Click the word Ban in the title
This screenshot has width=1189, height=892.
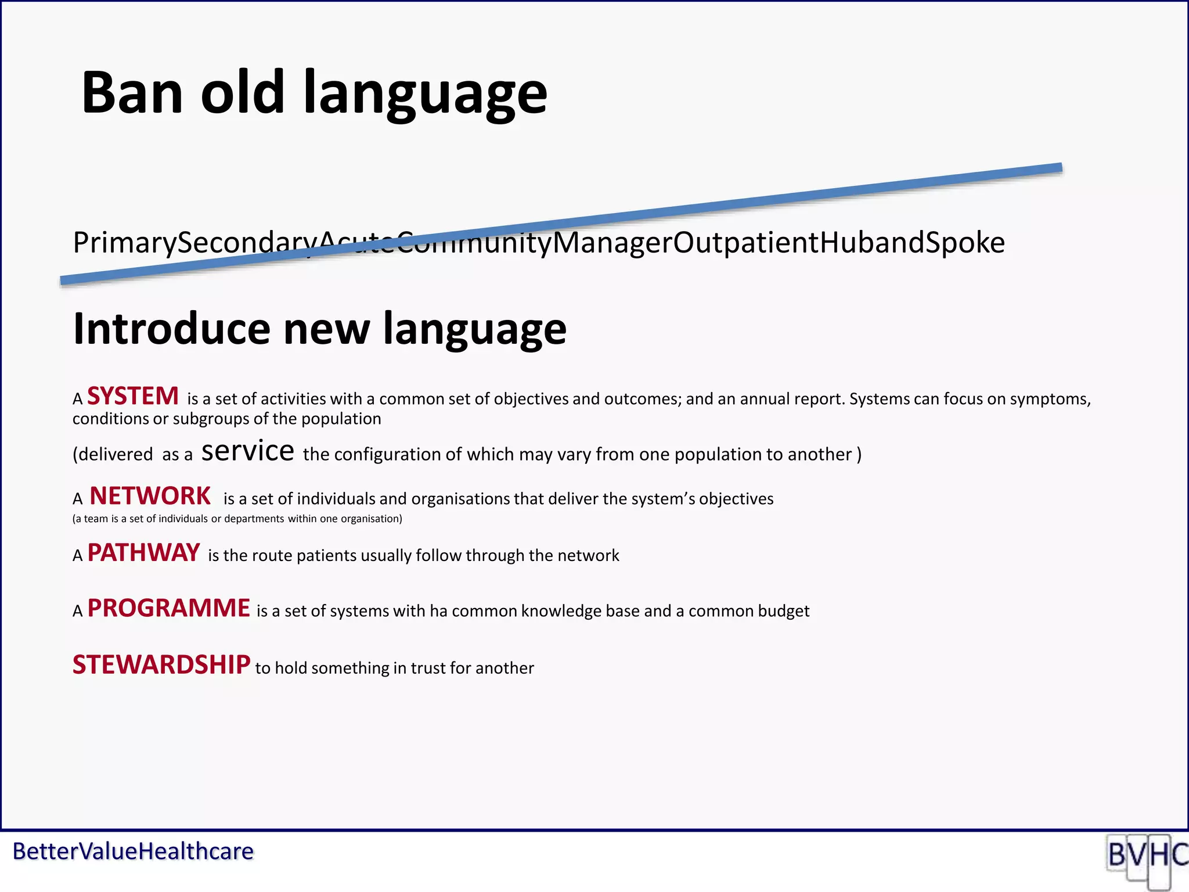(x=132, y=93)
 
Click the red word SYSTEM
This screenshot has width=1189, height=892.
(x=133, y=397)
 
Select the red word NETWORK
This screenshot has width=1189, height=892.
(x=150, y=497)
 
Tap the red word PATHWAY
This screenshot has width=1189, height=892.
(x=143, y=553)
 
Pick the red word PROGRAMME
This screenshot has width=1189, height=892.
(x=168, y=609)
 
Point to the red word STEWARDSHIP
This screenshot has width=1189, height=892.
(x=161, y=666)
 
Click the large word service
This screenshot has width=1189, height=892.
(x=248, y=451)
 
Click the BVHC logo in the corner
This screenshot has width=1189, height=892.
(x=1147, y=858)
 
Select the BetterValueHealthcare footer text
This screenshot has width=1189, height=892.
(x=133, y=852)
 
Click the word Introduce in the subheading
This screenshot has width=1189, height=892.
(x=171, y=329)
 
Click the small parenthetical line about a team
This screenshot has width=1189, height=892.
(x=237, y=519)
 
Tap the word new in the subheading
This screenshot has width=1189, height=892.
(x=326, y=329)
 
